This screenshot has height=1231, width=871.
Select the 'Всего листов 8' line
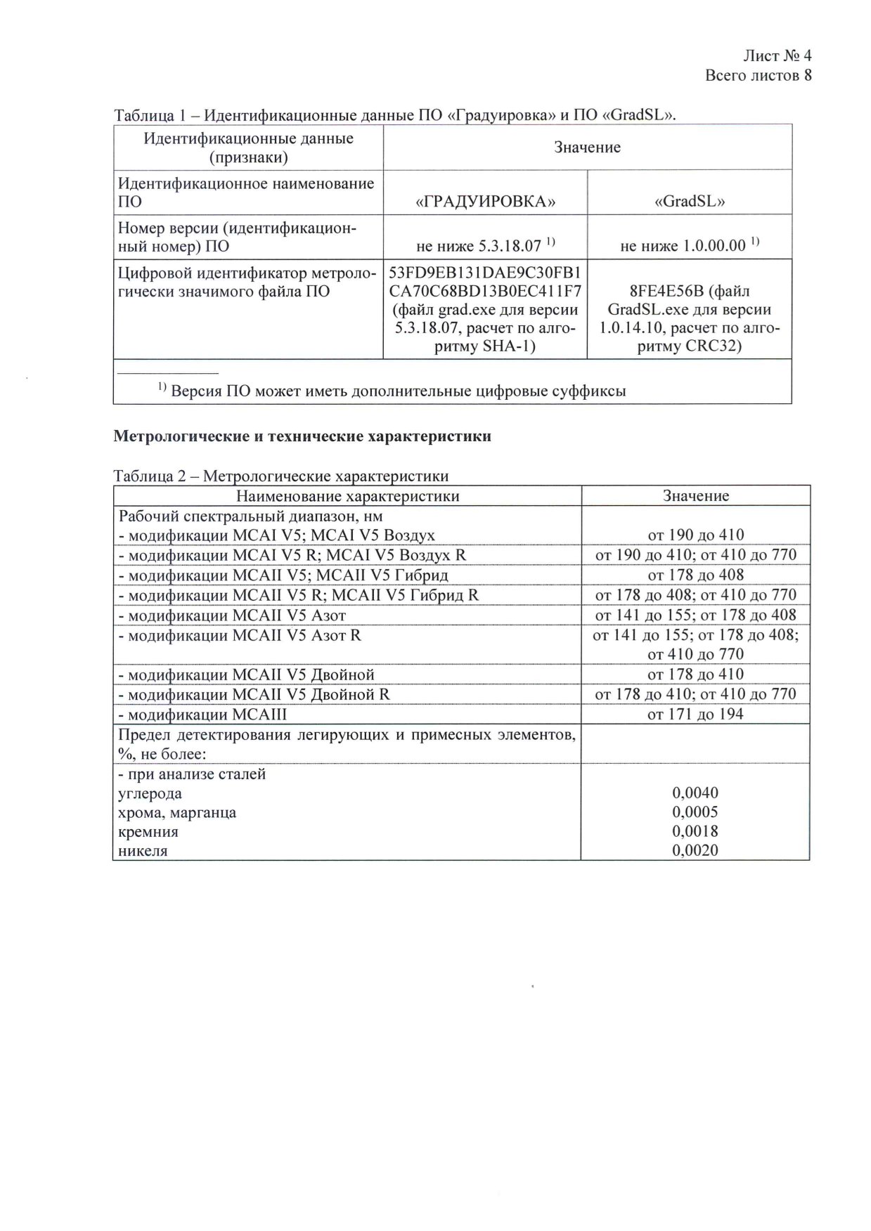[x=758, y=75]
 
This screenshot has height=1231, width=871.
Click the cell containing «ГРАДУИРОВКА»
[x=486, y=202]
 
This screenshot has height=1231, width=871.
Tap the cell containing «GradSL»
[x=690, y=202]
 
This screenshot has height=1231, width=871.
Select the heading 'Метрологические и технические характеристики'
[x=302, y=436]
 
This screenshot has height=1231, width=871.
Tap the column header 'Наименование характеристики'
[x=347, y=496]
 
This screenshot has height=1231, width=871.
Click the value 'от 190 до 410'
[x=695, y=535]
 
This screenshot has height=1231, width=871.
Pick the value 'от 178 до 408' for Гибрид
[x=695, y=575]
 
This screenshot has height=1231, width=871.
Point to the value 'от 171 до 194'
[x=695, y=715]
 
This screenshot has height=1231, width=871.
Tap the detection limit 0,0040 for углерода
[x=695, y=793]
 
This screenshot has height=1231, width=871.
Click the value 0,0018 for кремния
[x=695, y=832]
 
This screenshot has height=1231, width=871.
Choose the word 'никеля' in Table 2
[x=143, y=851]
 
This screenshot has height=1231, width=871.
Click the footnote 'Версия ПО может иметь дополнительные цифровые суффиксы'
[x=398, y=391]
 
